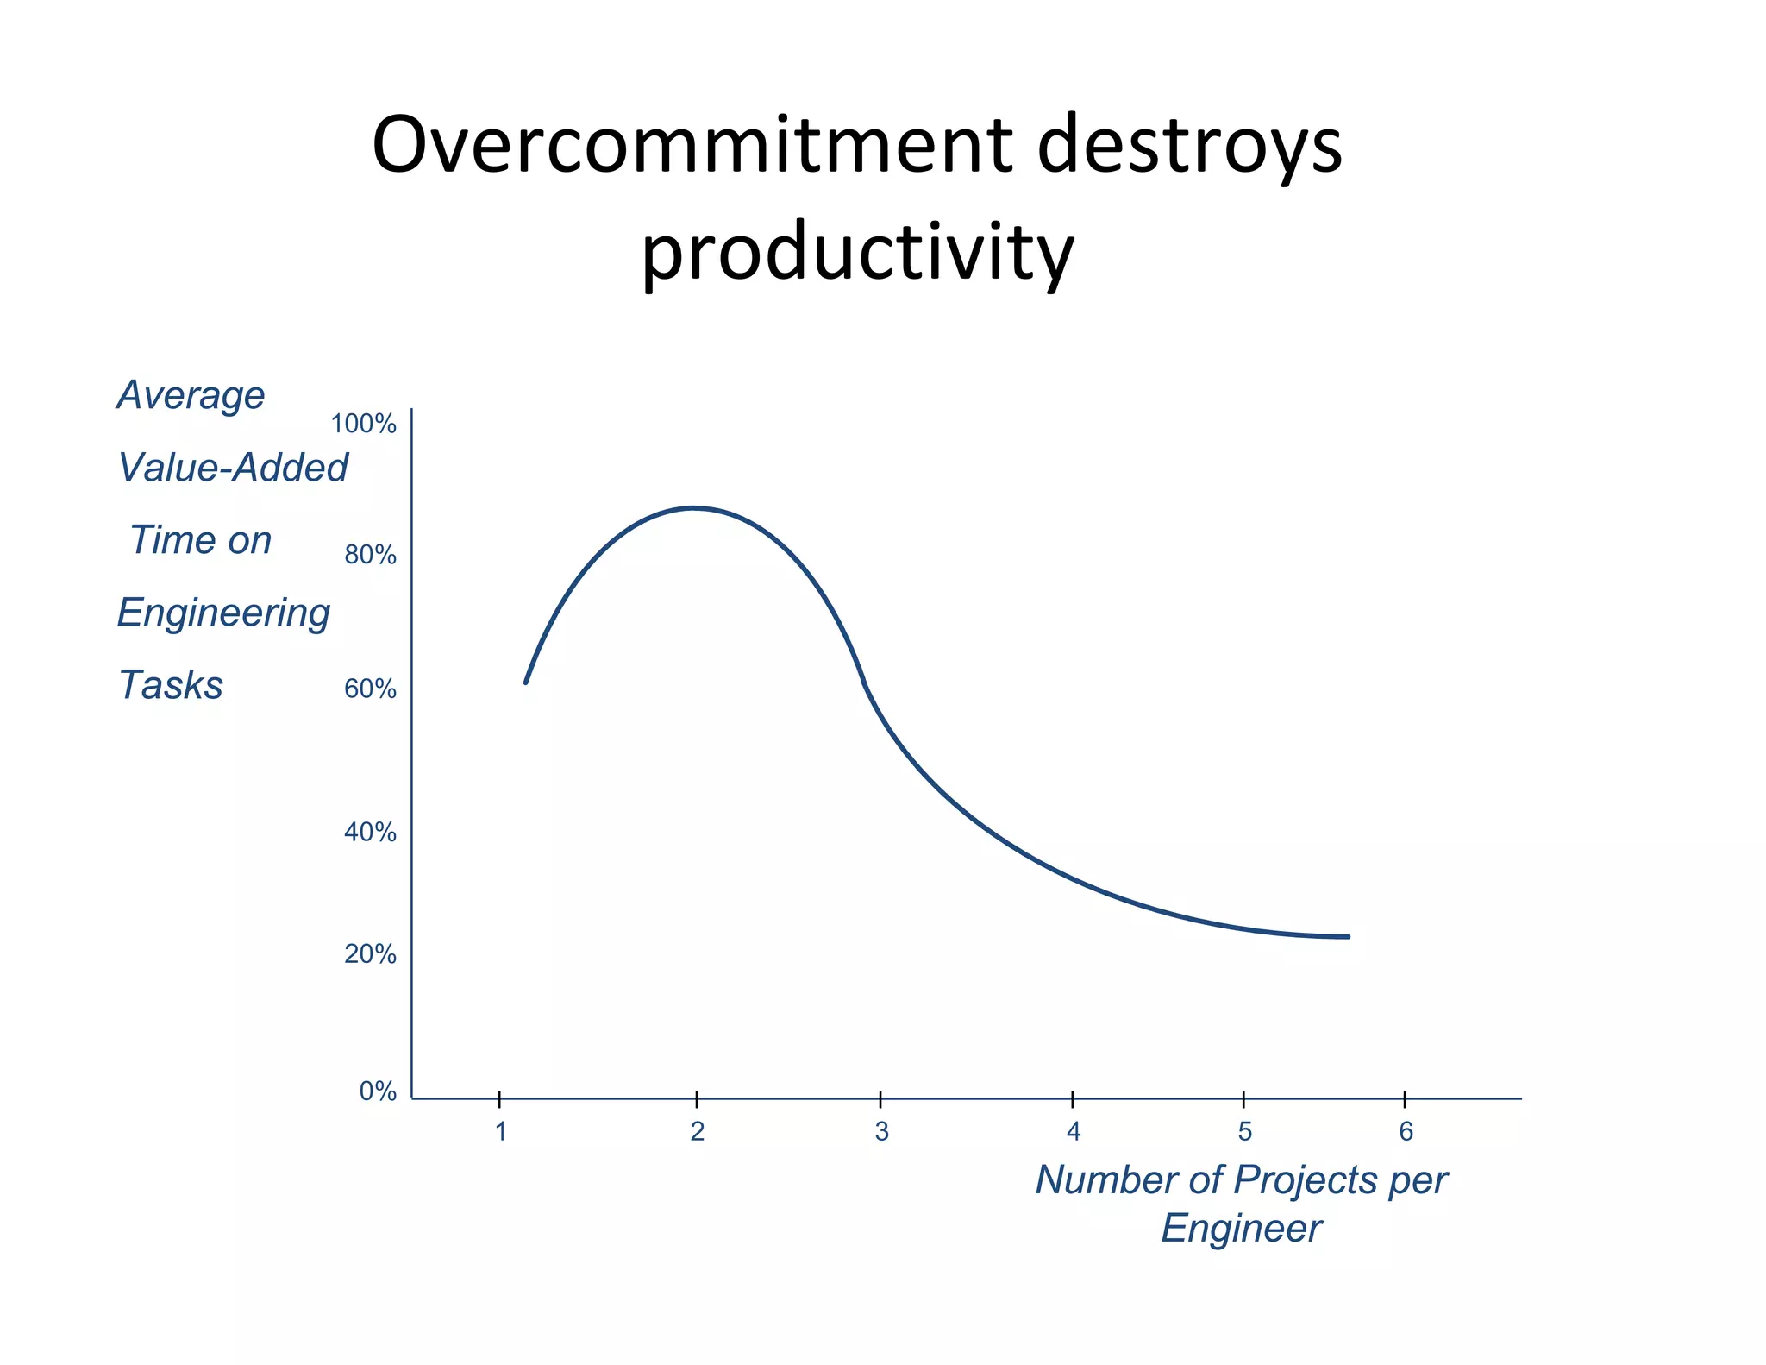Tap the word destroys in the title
click(1189, 145)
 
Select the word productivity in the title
click(857, 252)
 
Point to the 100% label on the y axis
click(363, 424)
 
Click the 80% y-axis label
click(370, 555)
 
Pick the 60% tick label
click(370, 689)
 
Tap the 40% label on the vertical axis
click(370, 832)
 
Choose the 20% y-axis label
click(370, 953)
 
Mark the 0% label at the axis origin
click(378, 1091)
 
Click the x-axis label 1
click(500, 1131)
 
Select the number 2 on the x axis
click(697, 1131)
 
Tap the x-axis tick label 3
click(881, 1131)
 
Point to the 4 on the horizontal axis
click(1073, 1131)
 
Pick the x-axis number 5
click(1244, 1131)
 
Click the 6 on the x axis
click(1406, 1131)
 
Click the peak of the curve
click(693, 507)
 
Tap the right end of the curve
click(1348, 936)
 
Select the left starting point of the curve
click(526, 682)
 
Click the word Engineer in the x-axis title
click(1241, 1228)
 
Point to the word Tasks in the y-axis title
click(171, 685)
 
